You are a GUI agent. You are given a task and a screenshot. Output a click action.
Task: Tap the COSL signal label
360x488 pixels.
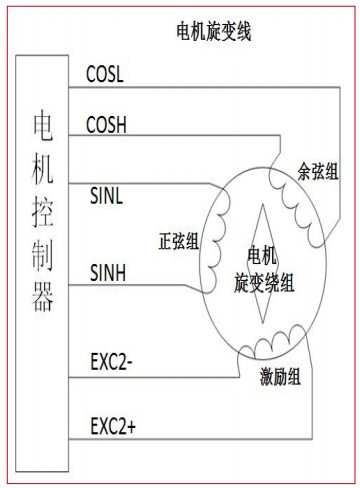[107, 74]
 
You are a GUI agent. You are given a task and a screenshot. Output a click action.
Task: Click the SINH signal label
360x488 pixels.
[107, 272]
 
